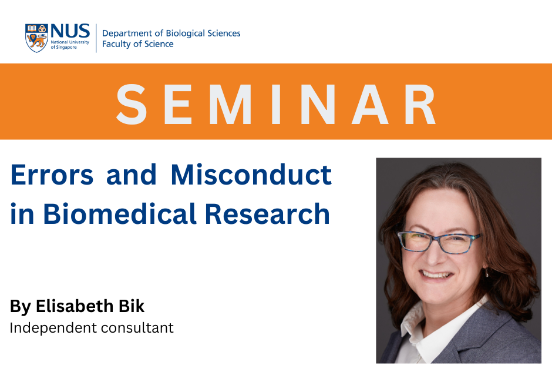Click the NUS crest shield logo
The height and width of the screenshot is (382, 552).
pyautogui.click(x=36, y=38)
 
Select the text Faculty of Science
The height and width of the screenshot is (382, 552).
pyautogui.click(x=137, y=44)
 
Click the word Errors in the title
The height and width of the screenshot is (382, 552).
pyautogui.click(x=52, y=175)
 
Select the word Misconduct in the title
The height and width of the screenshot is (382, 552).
pyautogui.click(x=251, y=175)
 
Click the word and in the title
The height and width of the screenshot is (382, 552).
pyautogui.click(x=132, y=175)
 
